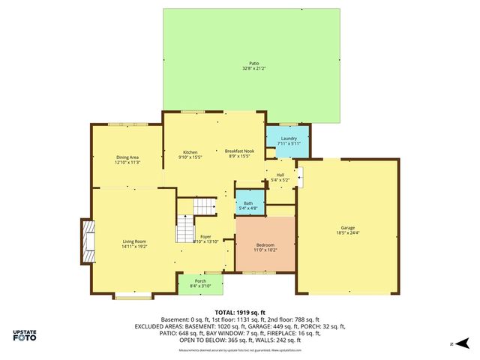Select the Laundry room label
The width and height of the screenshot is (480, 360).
pyautogui.click(x=289, y=139)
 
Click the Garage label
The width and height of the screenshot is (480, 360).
pyautogui.click(x=347, y=227)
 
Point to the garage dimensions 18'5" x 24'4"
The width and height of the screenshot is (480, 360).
pyautogui.click(x=347, y=232)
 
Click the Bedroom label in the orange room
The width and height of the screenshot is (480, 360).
pyautogui.click(x=265, y=244)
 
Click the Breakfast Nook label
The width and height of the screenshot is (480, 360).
pyautogui.click(x=239, y=151)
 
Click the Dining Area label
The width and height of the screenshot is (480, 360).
pyautogui.click(x=127, y=157)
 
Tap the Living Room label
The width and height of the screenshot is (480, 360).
pyautogui.click(x=134, y=241)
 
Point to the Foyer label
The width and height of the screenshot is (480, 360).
pyautogui.click(x=205, y=236)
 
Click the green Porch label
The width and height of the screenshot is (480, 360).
pyautogui.click(x=201, y=281)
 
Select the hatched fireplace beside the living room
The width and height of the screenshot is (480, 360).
pyautogui.click(x=88, y=241)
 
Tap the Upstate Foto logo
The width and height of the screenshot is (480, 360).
pyautogui.click(x=26, y=335)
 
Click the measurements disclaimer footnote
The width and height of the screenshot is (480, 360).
pyautogui.click(x=239, y=350)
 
